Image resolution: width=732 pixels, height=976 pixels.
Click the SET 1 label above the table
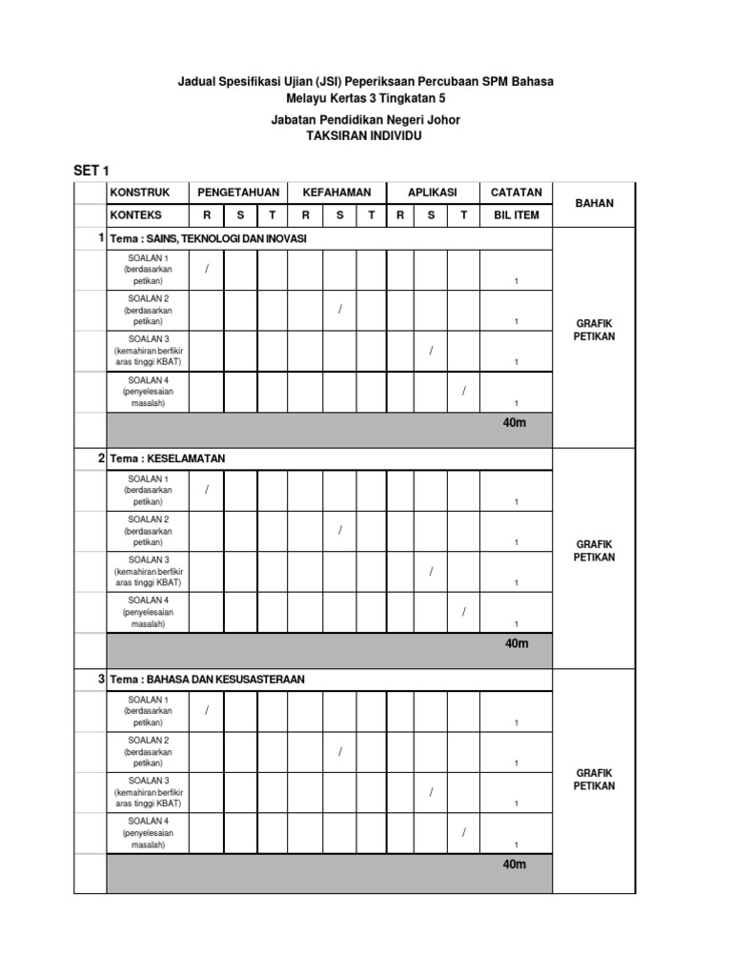(x=92, y=171)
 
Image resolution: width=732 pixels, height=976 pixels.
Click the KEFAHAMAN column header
(x=336, y=193)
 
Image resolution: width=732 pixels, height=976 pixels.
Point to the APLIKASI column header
(x=432, y=193)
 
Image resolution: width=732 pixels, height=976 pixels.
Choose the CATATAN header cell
(x=516, y=193)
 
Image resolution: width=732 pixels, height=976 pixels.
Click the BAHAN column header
(x=594, y=203)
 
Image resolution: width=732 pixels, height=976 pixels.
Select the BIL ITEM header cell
(x=516, y=215)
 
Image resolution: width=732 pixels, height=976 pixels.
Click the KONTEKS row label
(x=135, y=215)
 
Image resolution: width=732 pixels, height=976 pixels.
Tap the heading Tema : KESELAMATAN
(x=167, y=458)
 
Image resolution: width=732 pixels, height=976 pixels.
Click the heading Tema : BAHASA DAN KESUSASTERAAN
(x=207, y=680)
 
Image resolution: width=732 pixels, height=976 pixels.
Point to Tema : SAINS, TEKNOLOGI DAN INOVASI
(x=208, y=238)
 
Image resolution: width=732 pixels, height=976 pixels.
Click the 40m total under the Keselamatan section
(x=516, y=643)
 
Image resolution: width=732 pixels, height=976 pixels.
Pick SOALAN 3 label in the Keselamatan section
(x=149, y=559)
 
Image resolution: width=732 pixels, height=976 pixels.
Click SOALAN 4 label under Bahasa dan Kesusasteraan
(x=149, y=821)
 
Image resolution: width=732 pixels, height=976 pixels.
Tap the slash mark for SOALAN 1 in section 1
(x=206, y=270)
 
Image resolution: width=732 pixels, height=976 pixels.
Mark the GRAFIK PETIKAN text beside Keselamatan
(x=594, y=551)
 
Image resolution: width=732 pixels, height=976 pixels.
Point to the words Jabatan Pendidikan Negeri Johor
(x=366, y=120)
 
